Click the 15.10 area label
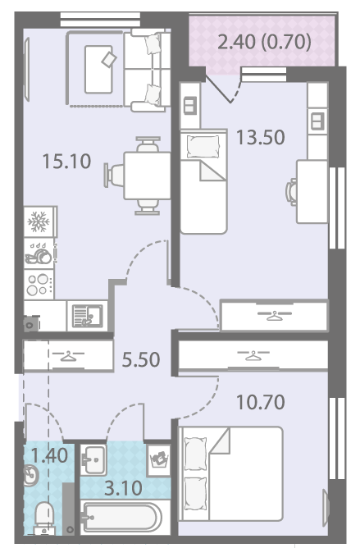tap(66, 161)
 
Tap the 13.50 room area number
tap(261, 137)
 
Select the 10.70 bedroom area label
tap(261, 402)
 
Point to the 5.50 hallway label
tap(141, 359)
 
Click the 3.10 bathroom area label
tap(123, 488)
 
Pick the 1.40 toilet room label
tap(49, 455)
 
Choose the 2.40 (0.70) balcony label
tap(264, 42)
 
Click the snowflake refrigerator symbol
tap(39, 221)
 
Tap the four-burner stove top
tap(39, 284)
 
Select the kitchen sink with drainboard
tap(88, 316)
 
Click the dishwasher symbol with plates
tap(39, 253)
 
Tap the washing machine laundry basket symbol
tap(159, 460)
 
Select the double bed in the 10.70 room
tap(230, 473)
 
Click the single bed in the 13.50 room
tap(203, 181)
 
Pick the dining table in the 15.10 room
tap(147, 176)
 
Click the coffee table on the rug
tap(98, 69)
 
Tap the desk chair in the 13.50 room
tap(291, 191)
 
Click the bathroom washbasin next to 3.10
tap(93, 459)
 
